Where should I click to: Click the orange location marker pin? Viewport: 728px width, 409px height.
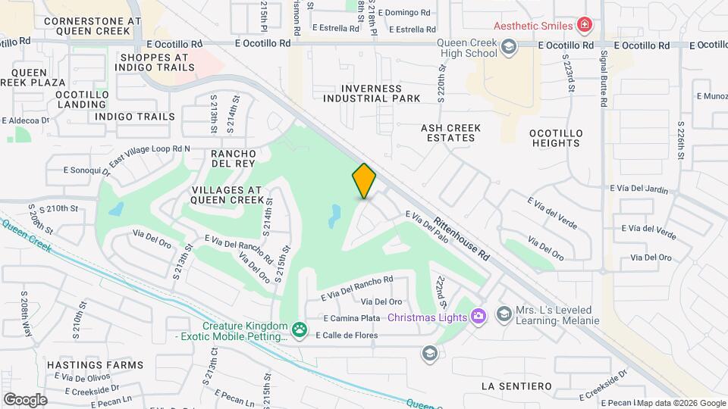(364, 181)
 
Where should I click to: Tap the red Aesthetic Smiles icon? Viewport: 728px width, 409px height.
(584, 26)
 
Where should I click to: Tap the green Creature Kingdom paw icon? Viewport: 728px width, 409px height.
(300, 329)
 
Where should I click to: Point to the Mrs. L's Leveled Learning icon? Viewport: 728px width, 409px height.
(504, 314)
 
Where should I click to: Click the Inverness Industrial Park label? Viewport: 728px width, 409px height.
(372, 93)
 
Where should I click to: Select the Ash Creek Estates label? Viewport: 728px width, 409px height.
(448, 133)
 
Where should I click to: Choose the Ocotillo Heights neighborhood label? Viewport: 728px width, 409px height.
(556, 137)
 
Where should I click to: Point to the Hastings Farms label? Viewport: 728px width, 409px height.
(95, 365)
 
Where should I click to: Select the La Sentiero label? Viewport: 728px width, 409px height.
(516, 386)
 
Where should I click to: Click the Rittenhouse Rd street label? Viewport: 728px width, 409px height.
(462, 240)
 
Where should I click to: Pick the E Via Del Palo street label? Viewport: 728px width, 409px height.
(428, 226)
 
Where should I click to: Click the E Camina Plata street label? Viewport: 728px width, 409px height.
(351, 319)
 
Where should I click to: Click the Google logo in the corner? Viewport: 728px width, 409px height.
(25, 399)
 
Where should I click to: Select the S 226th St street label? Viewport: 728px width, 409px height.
(681, 141)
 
